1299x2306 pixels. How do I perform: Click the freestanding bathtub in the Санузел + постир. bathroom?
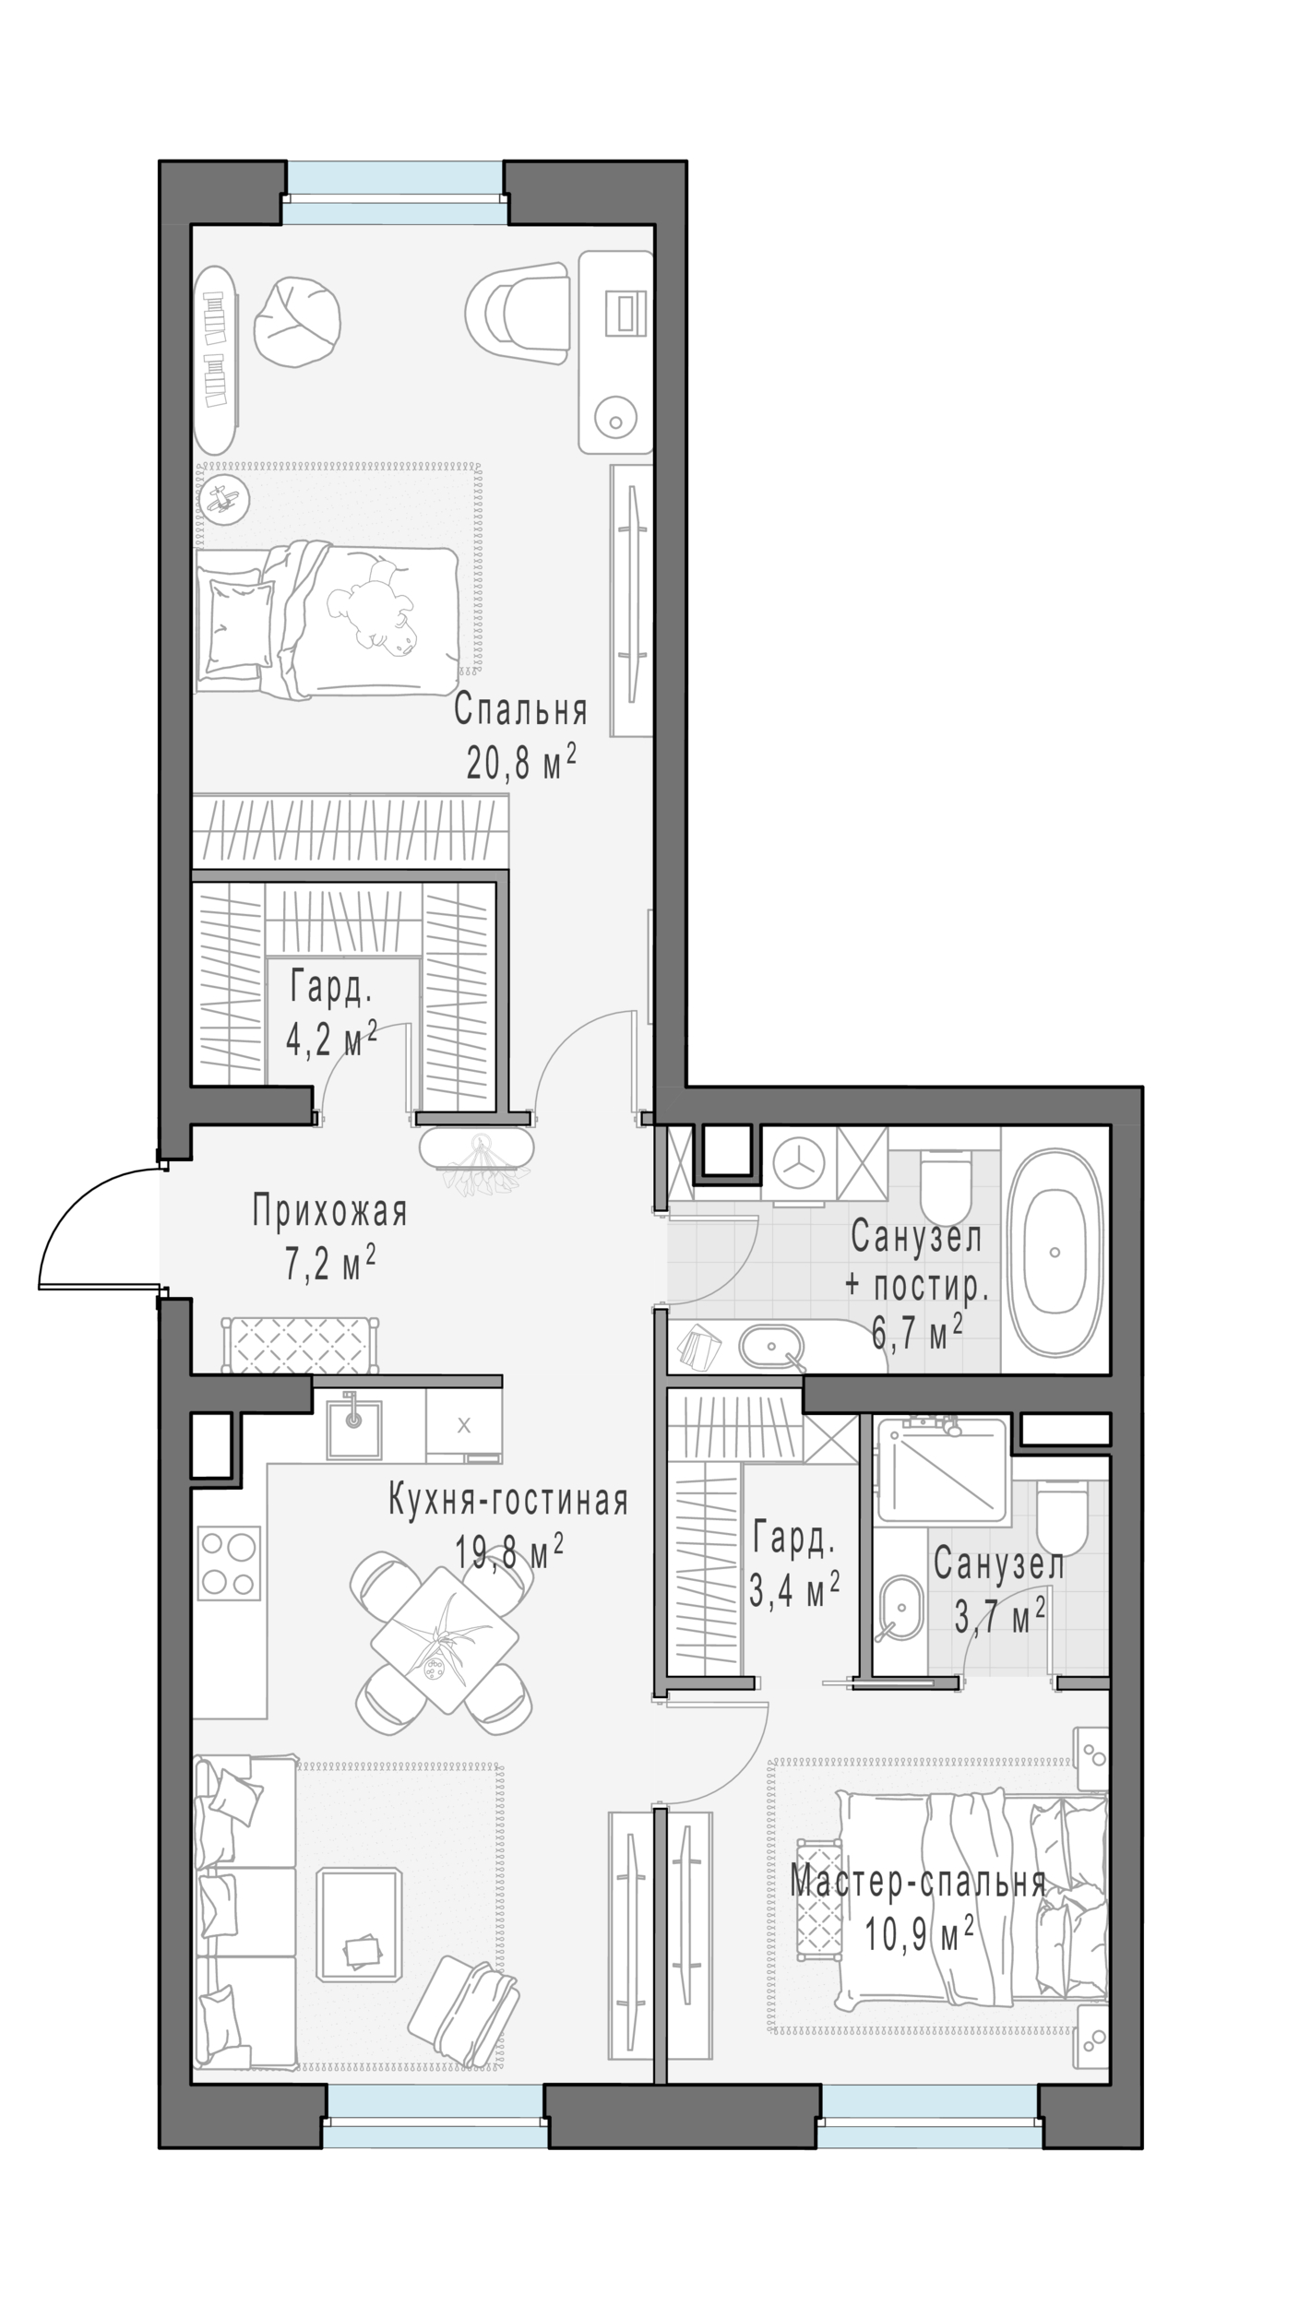tap(1054, 1252)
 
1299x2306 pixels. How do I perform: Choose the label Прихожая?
tap(329, 1211)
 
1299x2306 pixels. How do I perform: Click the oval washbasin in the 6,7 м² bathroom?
tap(772, 1347)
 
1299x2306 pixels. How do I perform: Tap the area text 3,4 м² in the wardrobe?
tap(793, 1590)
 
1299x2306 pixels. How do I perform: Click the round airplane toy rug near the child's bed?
tap(224, 499)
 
